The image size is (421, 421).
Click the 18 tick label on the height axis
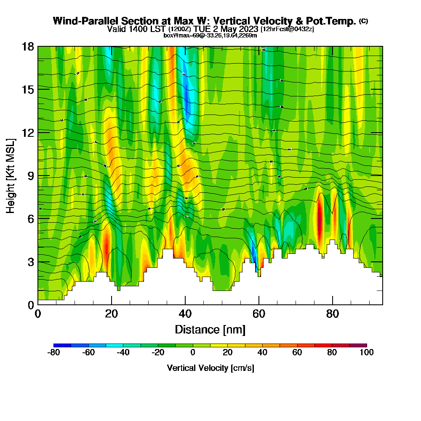pos(28,46)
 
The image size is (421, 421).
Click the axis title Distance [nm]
pos(210,329)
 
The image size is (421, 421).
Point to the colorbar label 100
pos(367,352)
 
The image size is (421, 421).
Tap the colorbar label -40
pos(123,352)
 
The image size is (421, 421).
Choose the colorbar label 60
pos(297,352)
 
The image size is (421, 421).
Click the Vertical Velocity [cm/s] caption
pos(210,368)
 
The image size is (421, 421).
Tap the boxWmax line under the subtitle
pos(210,35)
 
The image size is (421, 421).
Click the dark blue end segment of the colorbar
pos(62,345)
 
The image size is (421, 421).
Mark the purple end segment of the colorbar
pos(358,345)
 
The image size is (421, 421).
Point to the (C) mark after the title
pos(363,21)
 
